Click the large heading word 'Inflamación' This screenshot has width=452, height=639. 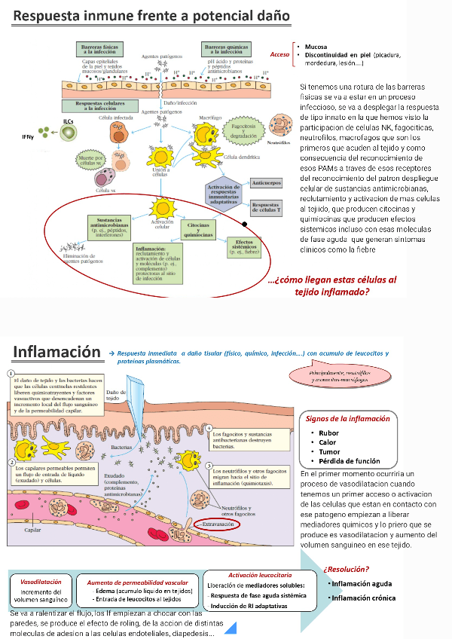[x=57, y=352]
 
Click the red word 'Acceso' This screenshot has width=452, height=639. [x=280, y=54]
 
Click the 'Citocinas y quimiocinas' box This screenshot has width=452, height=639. [x=200, y=228]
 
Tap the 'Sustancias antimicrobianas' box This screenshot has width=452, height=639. [x=110, y=226]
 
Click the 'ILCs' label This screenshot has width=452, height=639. [x=68, y=121]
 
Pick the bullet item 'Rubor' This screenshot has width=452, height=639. [x=328, y=433]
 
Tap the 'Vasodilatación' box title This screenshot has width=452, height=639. [x=41, y=582]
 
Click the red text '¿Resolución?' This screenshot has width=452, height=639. [x=346, y=569]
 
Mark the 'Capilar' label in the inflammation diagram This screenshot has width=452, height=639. [x=33, y=530]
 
